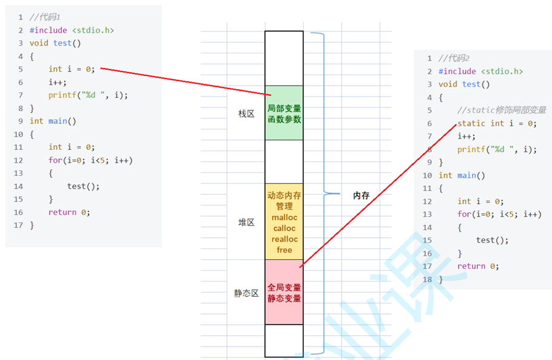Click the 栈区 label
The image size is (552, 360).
[246, 114]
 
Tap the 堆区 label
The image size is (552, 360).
[246, 222]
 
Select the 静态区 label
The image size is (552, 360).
[246, 293]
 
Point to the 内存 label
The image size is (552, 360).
[361, 195]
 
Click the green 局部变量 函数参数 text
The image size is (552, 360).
[284, 114]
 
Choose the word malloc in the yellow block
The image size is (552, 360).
[284, 217]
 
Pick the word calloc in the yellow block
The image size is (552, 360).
[284, 228]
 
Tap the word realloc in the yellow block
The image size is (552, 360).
[284, 239]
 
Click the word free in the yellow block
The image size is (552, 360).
[284, 250]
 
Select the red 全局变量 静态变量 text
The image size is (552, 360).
[284, 293]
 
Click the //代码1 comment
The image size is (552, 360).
[45, 17]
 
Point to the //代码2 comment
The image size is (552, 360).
[454, 58]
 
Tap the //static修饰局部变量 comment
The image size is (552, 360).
[502, 110]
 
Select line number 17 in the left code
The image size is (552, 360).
[18, 225]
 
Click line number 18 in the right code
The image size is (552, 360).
[427, 279]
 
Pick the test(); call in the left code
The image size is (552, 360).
[84, 186]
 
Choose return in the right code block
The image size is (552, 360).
[471, 267]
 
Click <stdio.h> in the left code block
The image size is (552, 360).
[93, 30]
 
